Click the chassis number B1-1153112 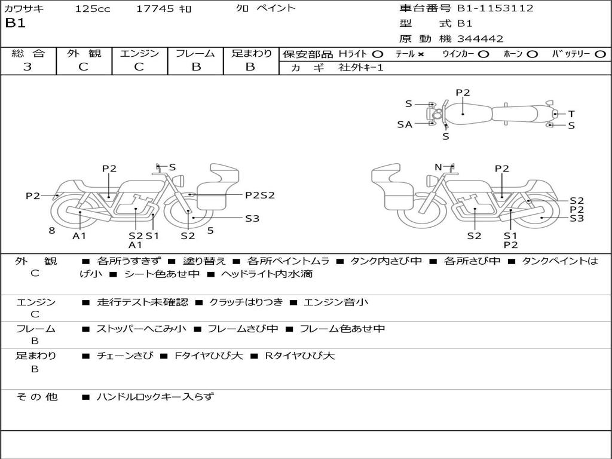(x=495, y=8)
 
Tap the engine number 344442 (x=481, y=39)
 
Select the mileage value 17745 (x=155, y=9)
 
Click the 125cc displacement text (x=93, y=9)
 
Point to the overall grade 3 (x=27, y=67)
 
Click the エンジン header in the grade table (x=139, y=53)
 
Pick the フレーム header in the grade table (x=195, y=53)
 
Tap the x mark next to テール (x=421, y=54)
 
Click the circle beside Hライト (x=378, y=54)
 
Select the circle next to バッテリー (x=600, y=54)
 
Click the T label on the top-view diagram (x=571, y=114)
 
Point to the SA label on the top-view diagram (x=405, y=124)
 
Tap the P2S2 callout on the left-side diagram (x=260, y=195)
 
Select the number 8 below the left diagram (x=52, y=230)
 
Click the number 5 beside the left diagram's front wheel (x=210, y=230)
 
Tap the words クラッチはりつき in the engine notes (x=246, y=302)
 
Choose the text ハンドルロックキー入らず (x=155, y=396)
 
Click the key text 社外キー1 (x=361, y=68)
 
